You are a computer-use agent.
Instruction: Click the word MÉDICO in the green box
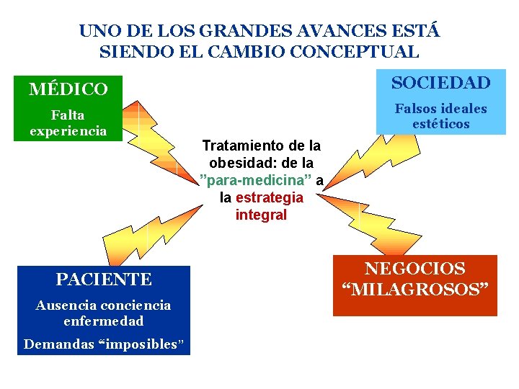pos(68,89)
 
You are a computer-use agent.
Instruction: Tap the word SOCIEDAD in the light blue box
pos(440,83)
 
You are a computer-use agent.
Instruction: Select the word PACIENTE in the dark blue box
pos(104,280)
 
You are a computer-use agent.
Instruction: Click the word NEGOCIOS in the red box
pos(414,269)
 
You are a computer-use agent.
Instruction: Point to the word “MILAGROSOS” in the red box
pos(414,290)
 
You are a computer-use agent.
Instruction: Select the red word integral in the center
pos(261,215)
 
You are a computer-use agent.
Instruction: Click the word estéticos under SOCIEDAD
pos(440,125)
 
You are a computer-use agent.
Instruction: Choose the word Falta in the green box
pos(68,115)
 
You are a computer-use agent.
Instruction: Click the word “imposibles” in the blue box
pos(148,344)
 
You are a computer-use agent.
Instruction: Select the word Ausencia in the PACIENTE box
pos(63,305)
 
